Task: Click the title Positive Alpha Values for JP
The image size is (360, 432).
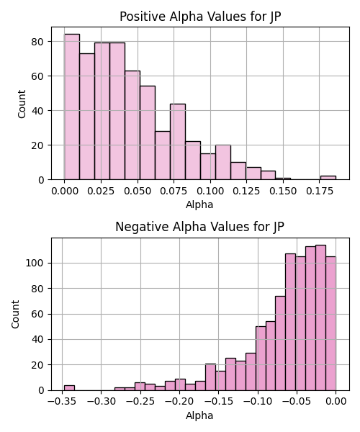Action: click(200, 17)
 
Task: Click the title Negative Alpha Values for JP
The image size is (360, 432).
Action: click(199, 227)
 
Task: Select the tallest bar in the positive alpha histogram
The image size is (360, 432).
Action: click(72, 107)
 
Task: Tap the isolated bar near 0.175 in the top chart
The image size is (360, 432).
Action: click(328, 178)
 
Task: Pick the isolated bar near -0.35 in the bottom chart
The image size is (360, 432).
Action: click(69, 387)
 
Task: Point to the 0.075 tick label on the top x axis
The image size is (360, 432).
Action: click(174, 192)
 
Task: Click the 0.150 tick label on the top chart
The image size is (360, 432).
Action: click(283, 192)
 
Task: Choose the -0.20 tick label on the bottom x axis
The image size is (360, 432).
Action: click(179, 402)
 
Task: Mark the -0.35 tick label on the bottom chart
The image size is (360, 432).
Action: click(62, 402)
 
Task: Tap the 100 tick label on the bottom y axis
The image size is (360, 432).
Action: click(35, 263)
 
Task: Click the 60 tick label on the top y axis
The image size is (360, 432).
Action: click(37, 76)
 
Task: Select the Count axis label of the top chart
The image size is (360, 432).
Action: click(22, 104)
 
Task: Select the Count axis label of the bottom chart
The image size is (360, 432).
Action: click(15, 315)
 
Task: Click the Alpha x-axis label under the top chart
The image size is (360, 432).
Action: click(199, 204)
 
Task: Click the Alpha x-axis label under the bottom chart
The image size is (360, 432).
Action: click(199, 415)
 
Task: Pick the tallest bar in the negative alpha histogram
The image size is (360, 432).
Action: click(320, 318)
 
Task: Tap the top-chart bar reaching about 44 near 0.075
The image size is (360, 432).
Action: click(178, 142)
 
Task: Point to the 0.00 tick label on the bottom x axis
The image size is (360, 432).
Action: click(336, 402)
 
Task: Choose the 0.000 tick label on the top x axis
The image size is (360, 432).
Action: click(65, 192)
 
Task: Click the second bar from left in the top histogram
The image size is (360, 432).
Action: click(87, 117)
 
